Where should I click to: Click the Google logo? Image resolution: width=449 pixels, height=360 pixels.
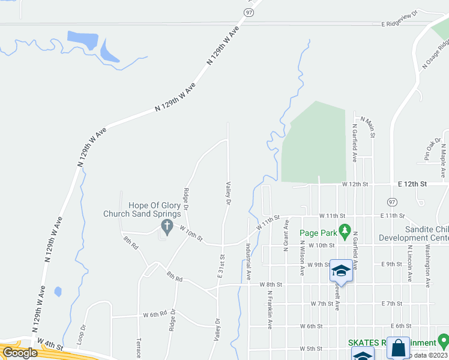20,353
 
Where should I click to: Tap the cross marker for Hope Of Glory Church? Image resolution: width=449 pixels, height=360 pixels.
167,226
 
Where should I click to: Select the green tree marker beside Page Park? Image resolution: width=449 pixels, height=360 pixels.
345,229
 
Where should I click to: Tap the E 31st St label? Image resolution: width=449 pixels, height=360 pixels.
221,265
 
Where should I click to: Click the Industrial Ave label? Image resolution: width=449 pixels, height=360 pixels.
247,262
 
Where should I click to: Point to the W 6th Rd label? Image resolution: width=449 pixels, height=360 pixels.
154,314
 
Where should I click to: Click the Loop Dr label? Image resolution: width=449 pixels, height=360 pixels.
81,335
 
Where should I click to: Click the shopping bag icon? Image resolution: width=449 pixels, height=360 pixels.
397,349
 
